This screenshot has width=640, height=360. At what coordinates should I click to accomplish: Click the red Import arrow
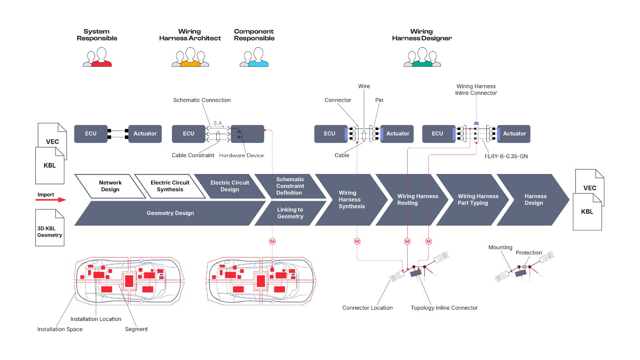[x=51, y=200]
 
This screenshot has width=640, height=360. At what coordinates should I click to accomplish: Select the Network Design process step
[x=110, y=186]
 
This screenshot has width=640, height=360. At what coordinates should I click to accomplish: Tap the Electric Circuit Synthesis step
[x=170, y=186]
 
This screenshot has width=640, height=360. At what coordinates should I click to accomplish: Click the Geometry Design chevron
[x=170, y=213]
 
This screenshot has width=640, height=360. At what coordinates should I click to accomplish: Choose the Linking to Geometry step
[x=290, y=213]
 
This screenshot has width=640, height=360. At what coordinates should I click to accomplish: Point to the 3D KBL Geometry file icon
[x=50, y=228]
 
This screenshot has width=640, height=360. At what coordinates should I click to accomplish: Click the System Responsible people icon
[x=97, y=57]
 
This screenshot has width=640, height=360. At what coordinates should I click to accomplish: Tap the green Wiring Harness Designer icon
[x=422, y=57]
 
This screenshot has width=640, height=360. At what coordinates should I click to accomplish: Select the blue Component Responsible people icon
[x=254, y=57]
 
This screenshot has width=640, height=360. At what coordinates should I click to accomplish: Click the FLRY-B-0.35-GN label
[x=506, y=156]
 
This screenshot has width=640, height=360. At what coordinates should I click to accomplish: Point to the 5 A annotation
[x=218, y=123]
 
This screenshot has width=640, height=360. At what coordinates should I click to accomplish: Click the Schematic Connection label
[x=202, y=100]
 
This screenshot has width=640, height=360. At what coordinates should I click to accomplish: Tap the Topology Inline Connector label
[x=444, y=308]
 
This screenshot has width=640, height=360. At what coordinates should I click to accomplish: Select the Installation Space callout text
[x=60, y=329]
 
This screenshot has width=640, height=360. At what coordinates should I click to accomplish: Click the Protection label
[x=528, y=252]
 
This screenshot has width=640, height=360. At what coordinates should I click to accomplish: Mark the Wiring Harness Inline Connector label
[x=476, y=90]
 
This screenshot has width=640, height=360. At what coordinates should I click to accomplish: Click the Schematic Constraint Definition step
[x=290, y=186]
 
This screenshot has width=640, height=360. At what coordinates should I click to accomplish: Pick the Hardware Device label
[x=241, y=156]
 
